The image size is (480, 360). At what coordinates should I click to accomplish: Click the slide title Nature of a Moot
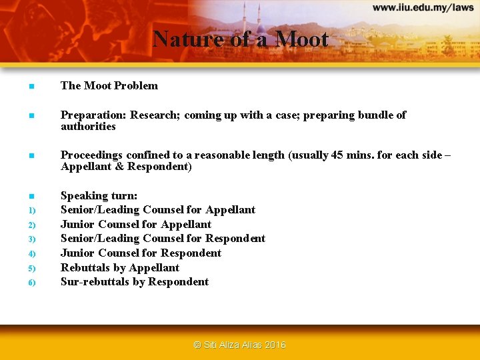(240, 39)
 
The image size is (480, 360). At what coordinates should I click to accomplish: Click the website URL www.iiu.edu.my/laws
(423, 8)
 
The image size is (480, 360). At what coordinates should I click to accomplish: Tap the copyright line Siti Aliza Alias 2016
(239, 345)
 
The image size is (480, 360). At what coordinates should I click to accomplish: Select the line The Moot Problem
(109, 85)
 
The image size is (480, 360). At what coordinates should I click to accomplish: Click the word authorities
(88, 127)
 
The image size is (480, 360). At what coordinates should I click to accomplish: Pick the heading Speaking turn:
(99, 195)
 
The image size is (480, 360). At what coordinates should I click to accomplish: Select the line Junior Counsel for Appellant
(136, 224)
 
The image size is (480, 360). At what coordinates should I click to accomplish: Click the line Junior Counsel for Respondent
(141, 253)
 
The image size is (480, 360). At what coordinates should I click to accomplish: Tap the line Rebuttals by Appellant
(120, 267)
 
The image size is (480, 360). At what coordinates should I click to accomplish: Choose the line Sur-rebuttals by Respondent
(135, 282)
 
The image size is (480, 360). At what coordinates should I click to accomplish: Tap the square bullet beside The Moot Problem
(31, 86)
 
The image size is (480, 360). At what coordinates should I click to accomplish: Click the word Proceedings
(93, 155)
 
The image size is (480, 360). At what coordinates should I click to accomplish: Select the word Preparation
(92, 115)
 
